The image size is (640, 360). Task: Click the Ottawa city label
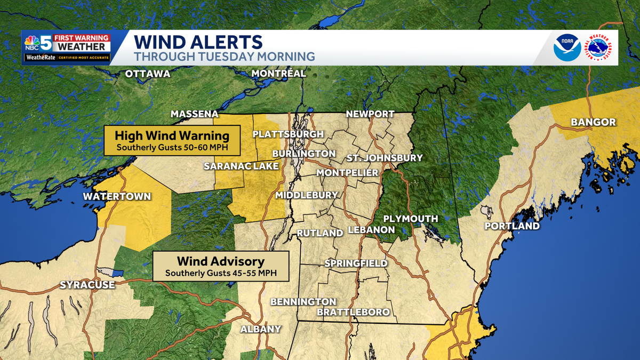point(148,74)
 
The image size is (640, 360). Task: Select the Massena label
point(194,114)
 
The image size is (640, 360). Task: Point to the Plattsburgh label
point(288,134)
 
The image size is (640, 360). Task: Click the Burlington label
point(303,154)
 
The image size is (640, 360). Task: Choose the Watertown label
point(117,196)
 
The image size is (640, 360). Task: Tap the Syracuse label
point(87,285)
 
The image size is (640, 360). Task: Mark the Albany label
point(260,329)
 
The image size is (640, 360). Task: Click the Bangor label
point(593,123)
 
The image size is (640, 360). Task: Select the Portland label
point(512,226)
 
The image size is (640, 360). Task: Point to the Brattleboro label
point(353,312)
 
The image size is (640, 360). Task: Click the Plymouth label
point(411,219)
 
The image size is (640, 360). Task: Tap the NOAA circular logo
point(567,48)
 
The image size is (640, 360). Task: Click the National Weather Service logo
point(599,48)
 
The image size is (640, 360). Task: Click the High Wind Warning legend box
point(172,140)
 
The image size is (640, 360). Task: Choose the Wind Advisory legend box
point(220,266)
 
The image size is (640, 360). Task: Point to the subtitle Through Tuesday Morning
point(224,57)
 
